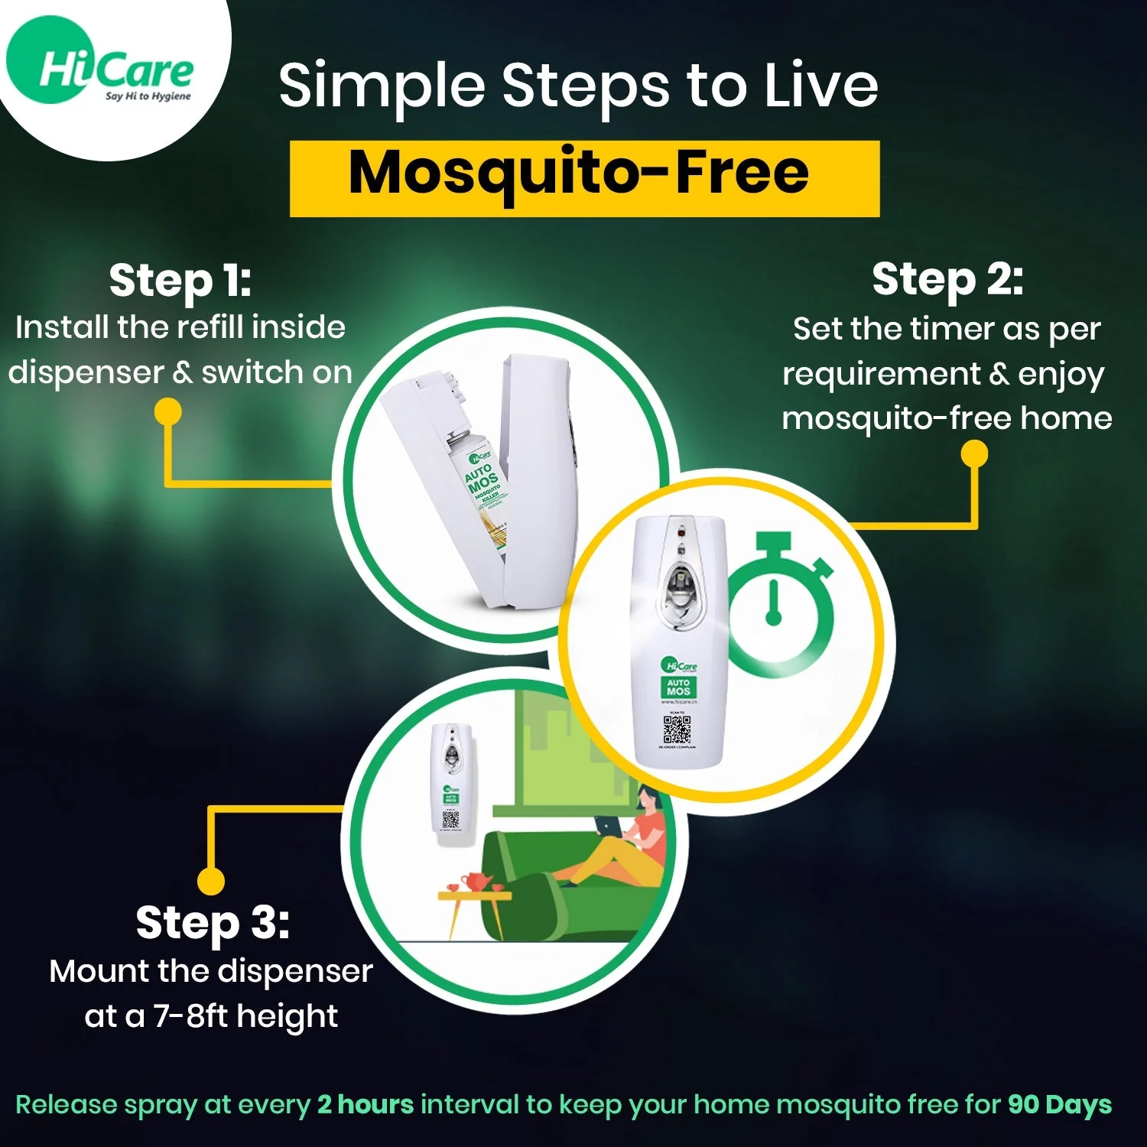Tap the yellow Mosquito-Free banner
584,177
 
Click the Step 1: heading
180,280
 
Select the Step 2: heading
947,278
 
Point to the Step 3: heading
213,922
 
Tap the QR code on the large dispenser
677,729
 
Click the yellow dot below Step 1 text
168,411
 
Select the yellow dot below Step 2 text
974,454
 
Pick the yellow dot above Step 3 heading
211,880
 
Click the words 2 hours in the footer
366,1104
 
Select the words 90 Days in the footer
1059,1104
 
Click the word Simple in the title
382,86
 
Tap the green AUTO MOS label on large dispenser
678,686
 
